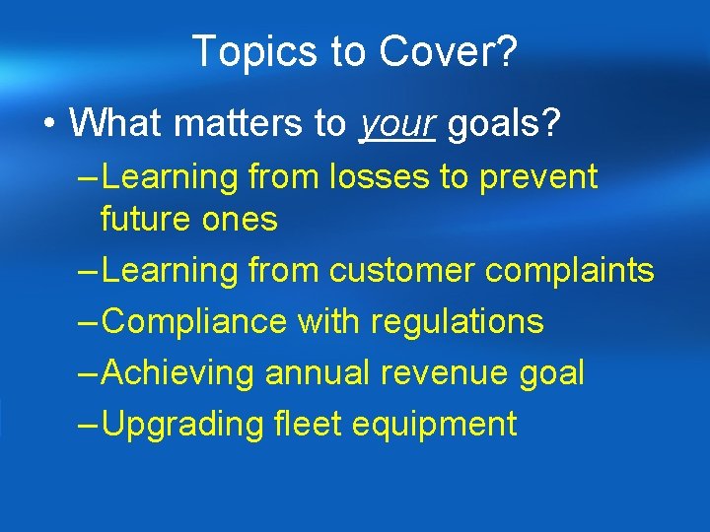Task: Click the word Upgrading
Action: [x=182, y=425]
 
